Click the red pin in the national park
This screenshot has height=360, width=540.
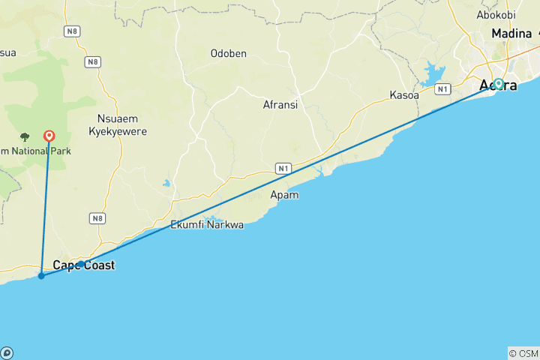(49, 136)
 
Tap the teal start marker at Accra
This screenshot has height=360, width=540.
(498, 84)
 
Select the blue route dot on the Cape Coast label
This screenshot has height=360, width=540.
(81, 264)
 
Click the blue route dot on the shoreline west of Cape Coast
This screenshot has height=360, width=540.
(41, 276)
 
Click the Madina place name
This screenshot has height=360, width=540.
(511, 34)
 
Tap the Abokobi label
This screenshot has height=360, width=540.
(496, 14)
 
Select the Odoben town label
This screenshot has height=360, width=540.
(229, 53)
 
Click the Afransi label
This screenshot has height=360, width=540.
(280, 105)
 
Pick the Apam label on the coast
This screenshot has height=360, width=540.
(284, 195)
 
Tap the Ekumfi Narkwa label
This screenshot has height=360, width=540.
(207, 224)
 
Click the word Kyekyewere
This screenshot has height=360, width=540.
(122, 131)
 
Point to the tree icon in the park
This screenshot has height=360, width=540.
(25, 137)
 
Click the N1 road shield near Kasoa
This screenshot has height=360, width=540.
(442, 88)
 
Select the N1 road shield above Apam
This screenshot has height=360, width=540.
(282, 169)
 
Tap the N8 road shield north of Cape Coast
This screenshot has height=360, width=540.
(96, 218)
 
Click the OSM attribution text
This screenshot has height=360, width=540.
(523, 353)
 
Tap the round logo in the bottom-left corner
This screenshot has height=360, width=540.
(6, 353)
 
